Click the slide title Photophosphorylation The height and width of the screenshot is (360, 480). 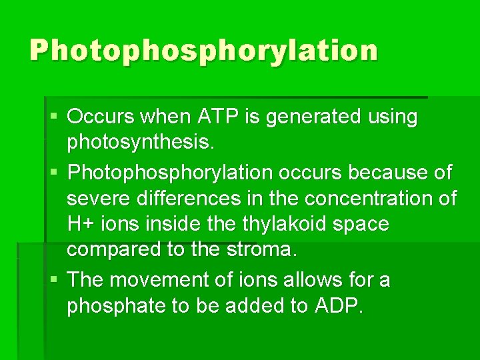pyautogui.click(x=203, y=51)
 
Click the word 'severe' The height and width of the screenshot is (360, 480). pyautogui.click(x=99, y=198)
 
